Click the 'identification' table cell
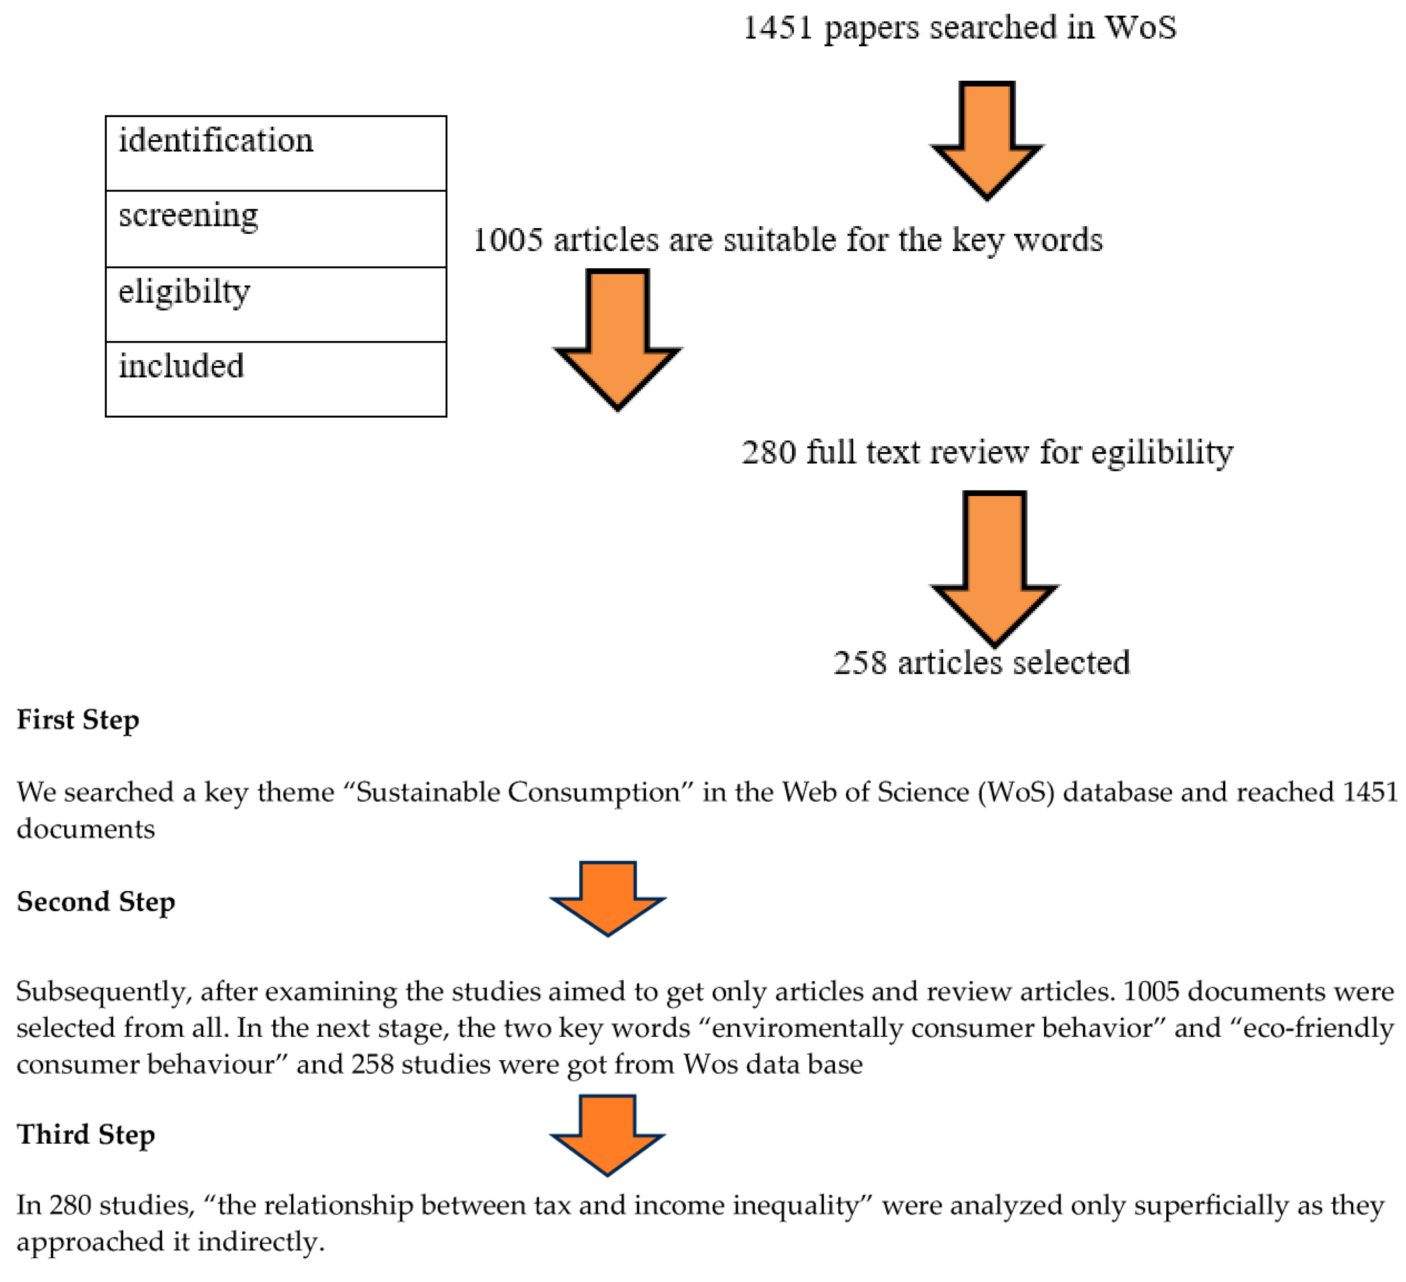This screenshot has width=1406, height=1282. (276, 153)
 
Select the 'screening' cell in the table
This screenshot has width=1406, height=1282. (276, 229)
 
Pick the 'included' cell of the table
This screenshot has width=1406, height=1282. (276, 379)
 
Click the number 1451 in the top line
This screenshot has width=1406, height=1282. (777, 28)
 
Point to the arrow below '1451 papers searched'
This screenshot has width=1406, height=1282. (987, 140)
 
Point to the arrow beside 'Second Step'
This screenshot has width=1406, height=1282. (607, 898)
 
